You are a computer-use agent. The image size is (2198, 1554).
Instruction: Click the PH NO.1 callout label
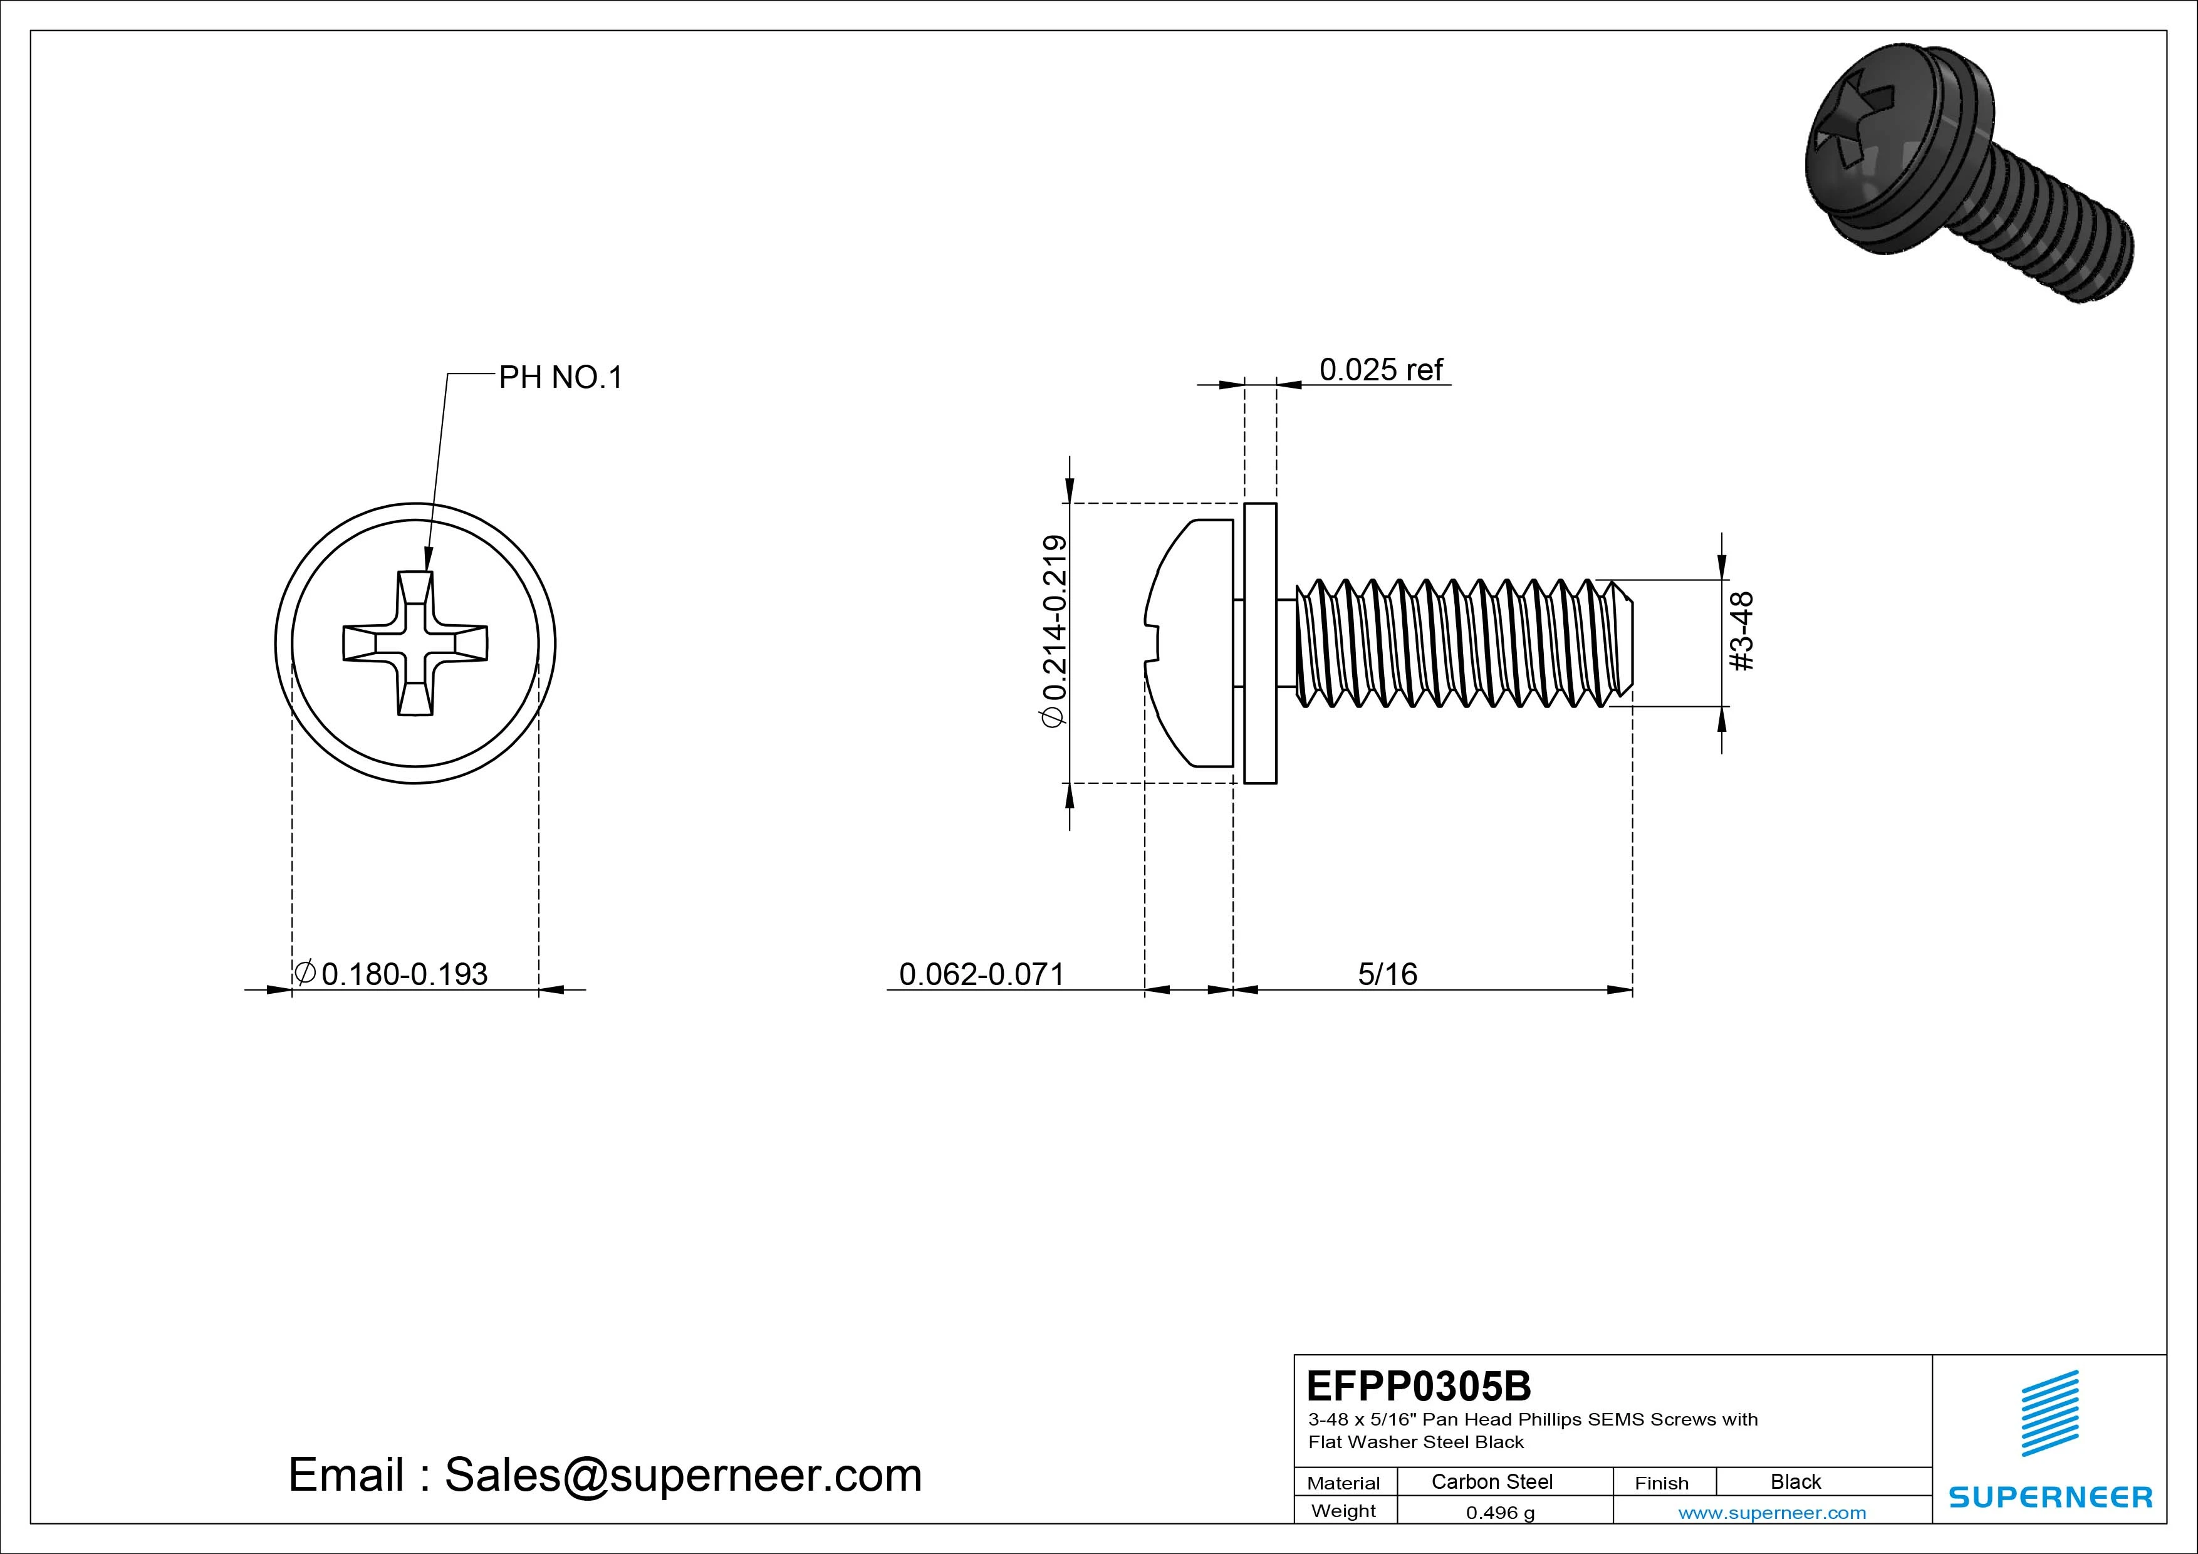point(560,378)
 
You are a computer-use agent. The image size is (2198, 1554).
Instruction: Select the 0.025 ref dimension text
point(1380,370)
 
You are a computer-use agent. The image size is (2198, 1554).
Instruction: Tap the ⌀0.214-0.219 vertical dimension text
point(1054,632)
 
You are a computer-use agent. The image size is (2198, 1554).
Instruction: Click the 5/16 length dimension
point(1387,975)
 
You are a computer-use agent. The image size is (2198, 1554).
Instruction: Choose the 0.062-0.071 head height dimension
point(981,975)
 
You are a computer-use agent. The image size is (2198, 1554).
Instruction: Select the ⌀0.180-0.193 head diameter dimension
point(404,975)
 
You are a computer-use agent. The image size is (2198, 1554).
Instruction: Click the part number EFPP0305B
point(1419,1385)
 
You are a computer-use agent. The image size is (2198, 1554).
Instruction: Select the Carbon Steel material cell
point(1491,1482)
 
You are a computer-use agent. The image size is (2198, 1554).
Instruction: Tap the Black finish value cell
point(1795,1482)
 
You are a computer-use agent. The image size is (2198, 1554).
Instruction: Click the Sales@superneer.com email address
point(682,1476)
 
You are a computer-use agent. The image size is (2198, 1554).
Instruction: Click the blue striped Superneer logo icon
point(2050,1413)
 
